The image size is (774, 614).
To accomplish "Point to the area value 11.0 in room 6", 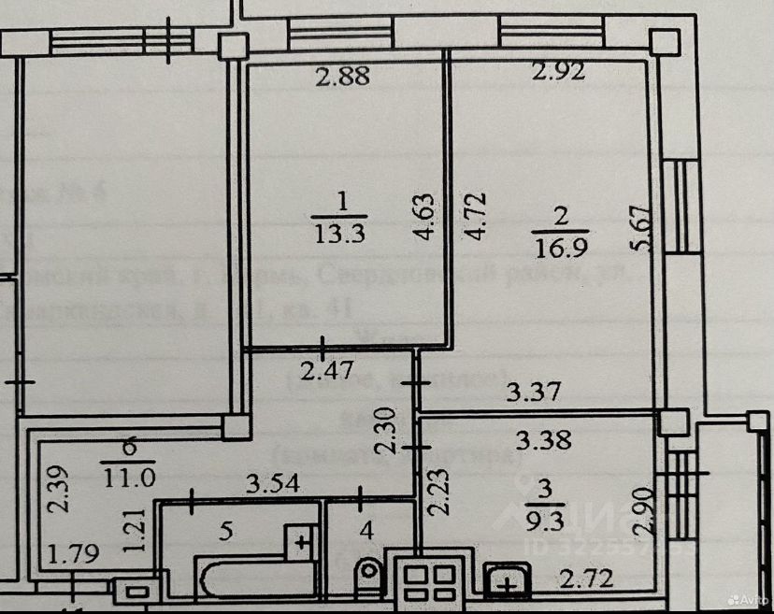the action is (129, 476).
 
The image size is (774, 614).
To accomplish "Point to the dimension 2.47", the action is (326, 370).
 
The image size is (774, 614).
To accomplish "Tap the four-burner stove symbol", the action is (429, 579).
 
